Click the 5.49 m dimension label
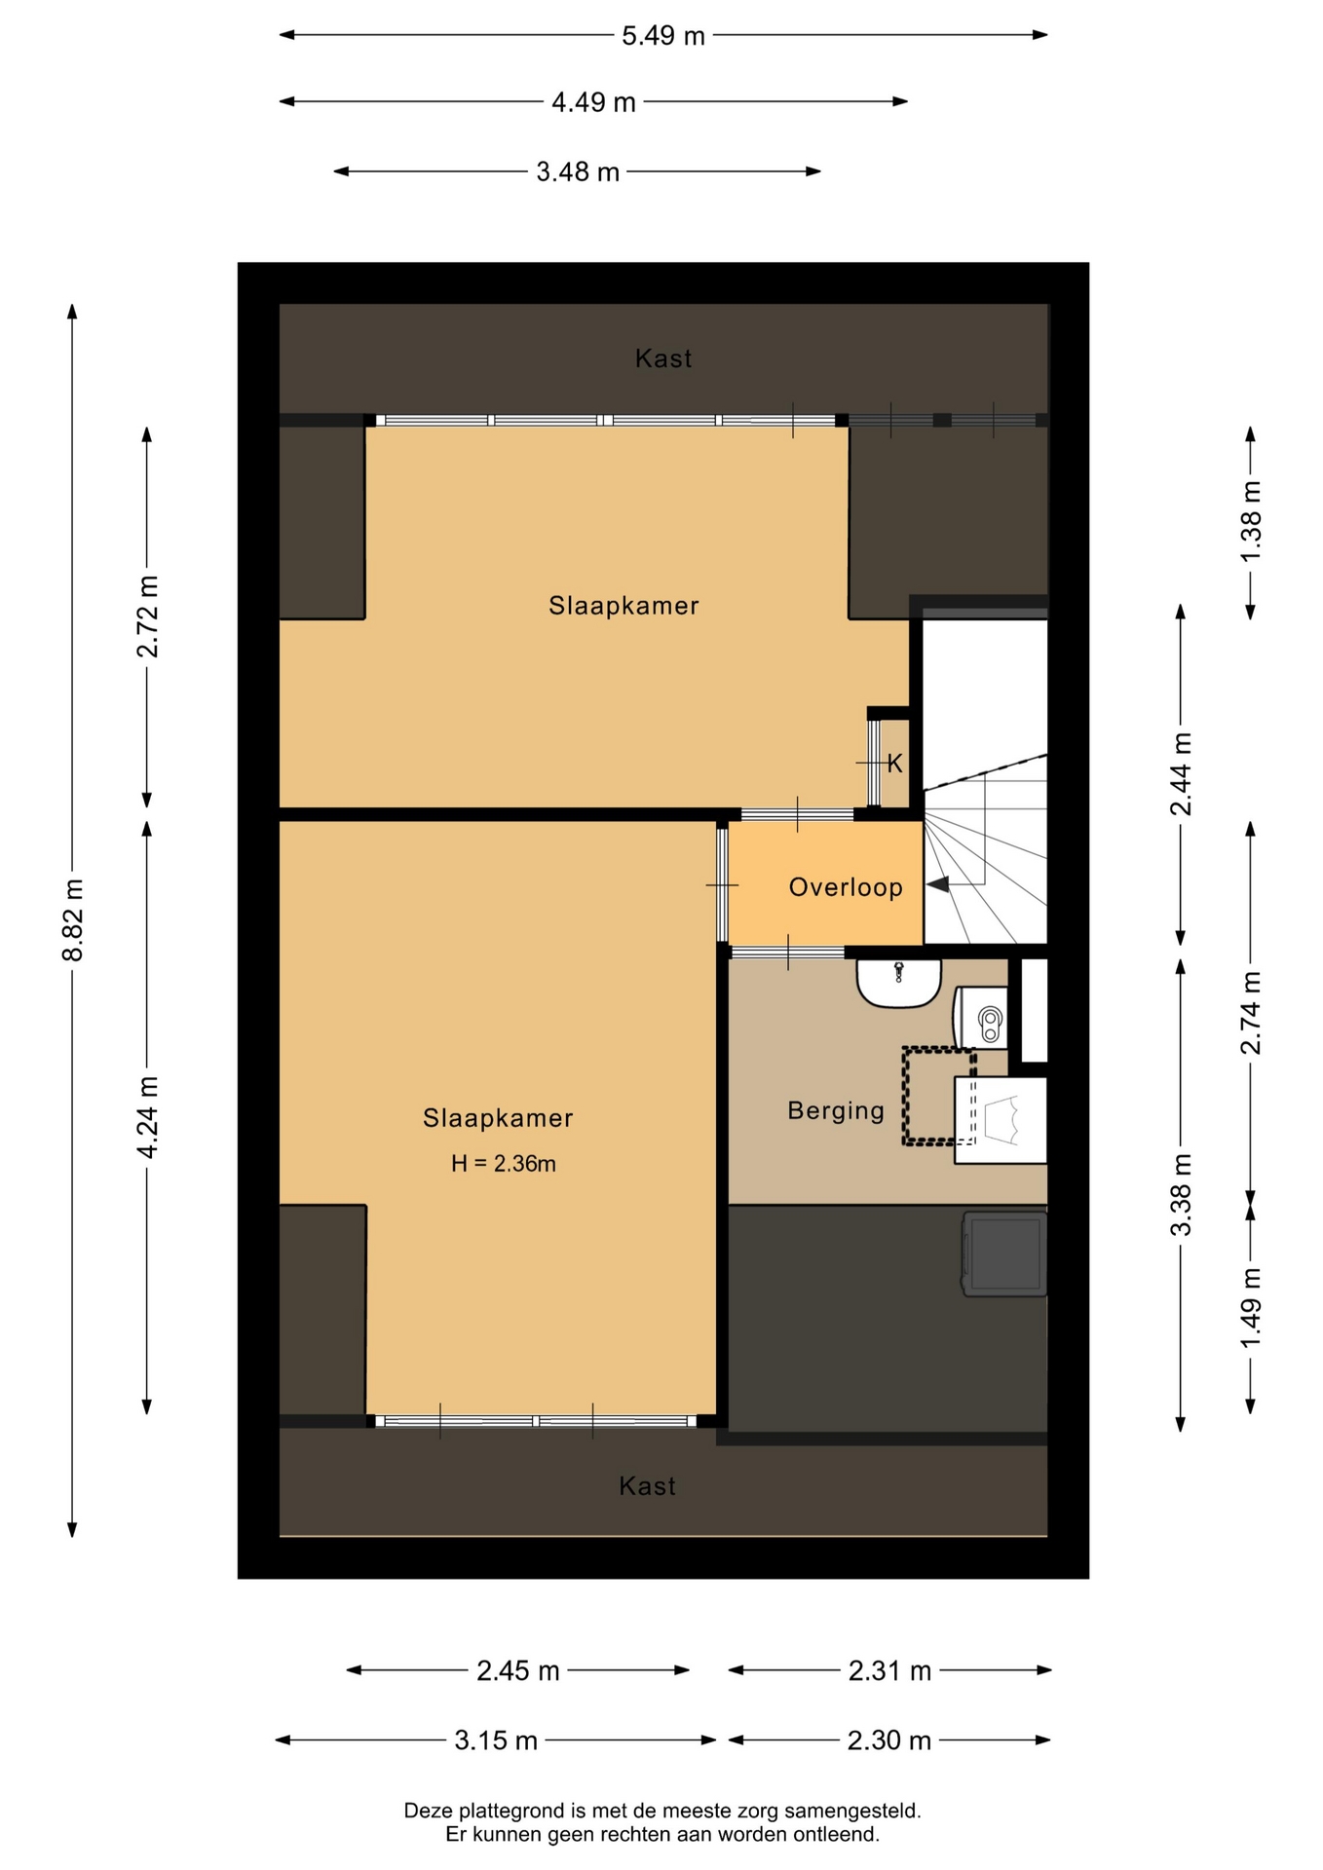click(x=662, y=36)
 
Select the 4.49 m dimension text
click(x=593, y=102)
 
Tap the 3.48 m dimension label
click(x=578, y=172)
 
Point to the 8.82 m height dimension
click(x=73, y=919)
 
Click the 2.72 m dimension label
click(x=147, y=617)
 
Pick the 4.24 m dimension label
click(x=147, y=1117)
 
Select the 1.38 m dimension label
click(x=1251, y=520)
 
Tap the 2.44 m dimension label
click(x=1181, y=773)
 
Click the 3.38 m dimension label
click(x=1181, y=1195)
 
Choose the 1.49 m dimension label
click(x=1251, y=1308)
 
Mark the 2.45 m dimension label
click(x=518, y=1671)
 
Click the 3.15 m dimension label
click(x=496, y=1740)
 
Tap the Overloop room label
click(x=846, y=887)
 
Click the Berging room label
click(x=836, y=1110)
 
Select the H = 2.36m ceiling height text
click(x=503, y=1163)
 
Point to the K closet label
click(x=894, y=764)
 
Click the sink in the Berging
click(x=899, y=982)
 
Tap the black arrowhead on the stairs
click(x=937, y=884)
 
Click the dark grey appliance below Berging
click(x=1004, y=1253)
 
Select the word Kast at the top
click(x=663, y=358)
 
